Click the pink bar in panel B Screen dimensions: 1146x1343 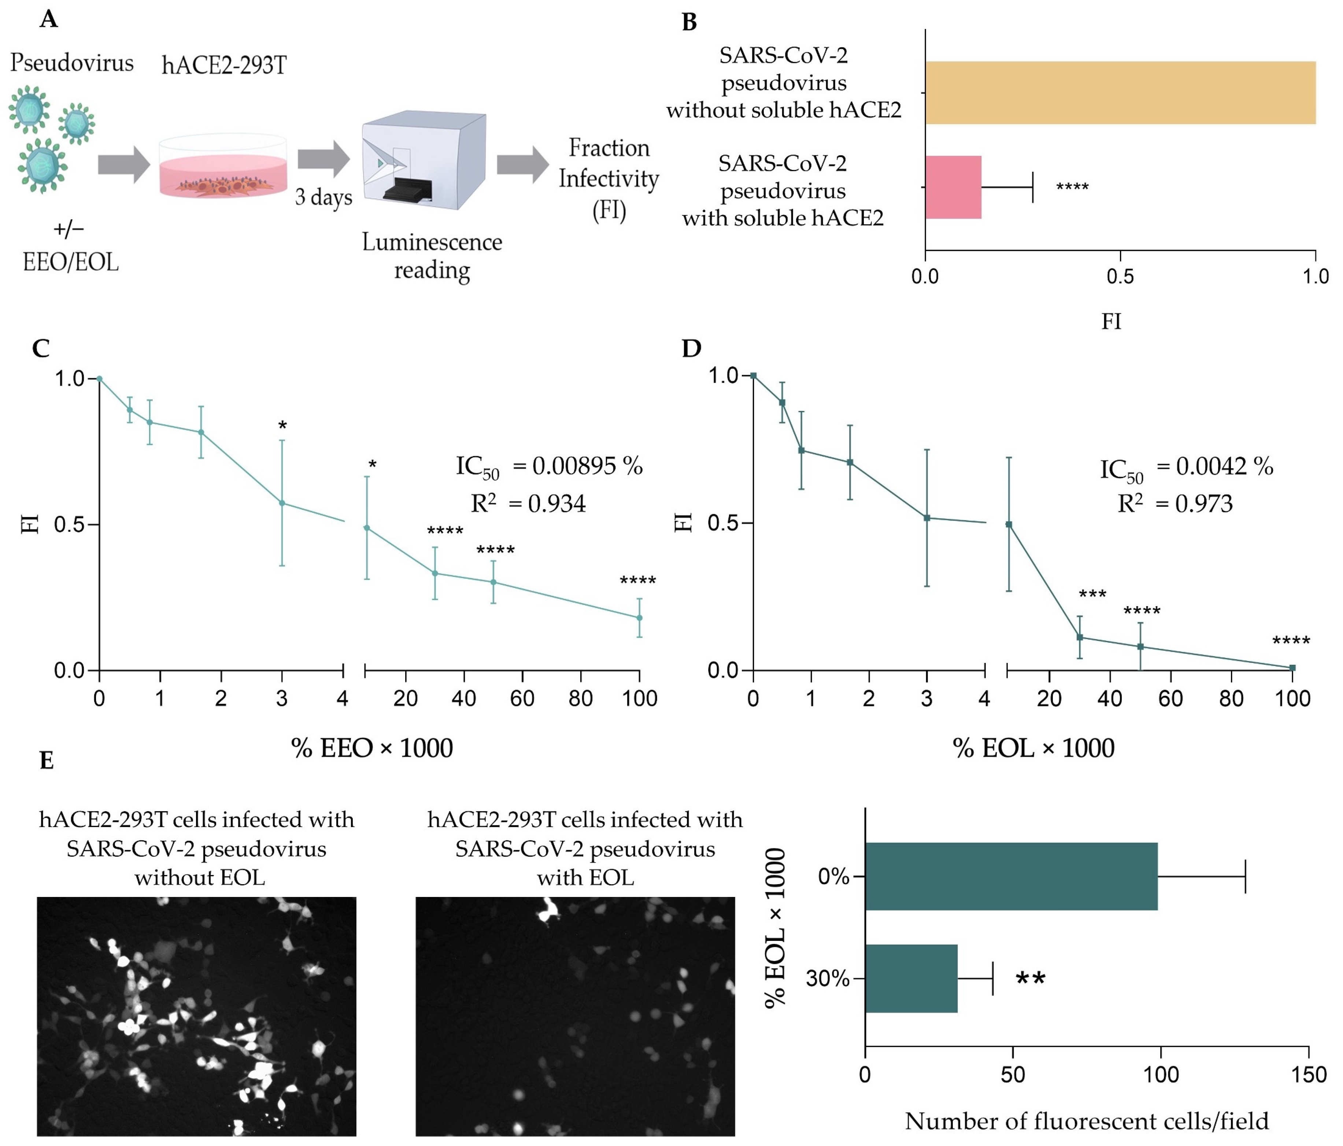953,187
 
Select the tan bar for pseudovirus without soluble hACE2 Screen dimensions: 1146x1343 1120,93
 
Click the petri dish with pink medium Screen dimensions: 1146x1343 223,167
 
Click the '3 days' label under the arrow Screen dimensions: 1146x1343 323,197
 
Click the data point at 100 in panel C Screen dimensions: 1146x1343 639,618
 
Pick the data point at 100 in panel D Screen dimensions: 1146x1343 1292,668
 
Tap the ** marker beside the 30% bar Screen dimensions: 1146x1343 1030,978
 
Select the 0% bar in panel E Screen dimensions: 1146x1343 1011,876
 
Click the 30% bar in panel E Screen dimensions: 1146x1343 911,978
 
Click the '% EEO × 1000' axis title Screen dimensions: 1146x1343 372,748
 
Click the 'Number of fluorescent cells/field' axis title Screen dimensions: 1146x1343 1086,1121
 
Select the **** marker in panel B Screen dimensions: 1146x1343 1072,187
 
